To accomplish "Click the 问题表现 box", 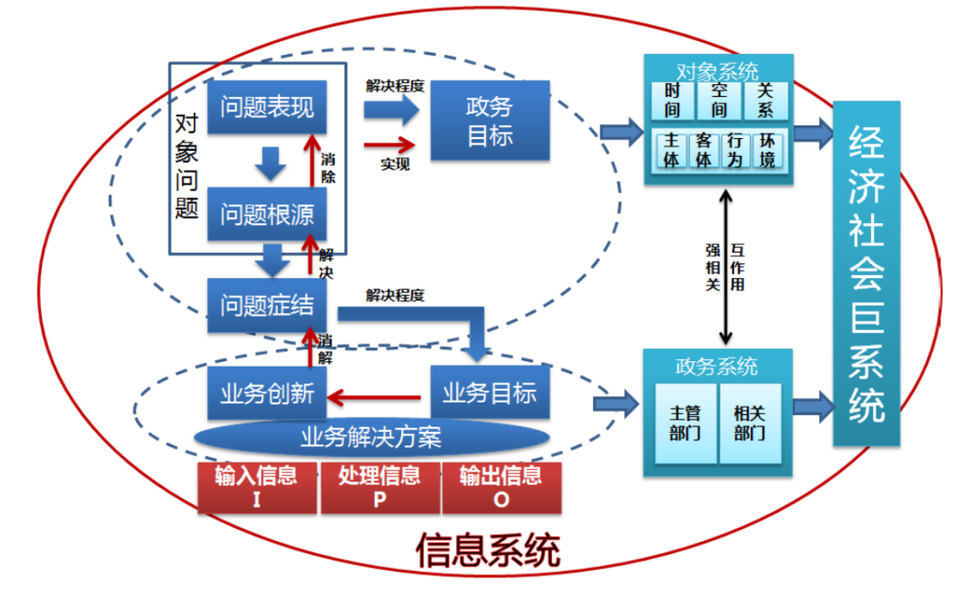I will point(266,108).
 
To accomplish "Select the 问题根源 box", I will point(266,213).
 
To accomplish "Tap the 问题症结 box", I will point(266,305).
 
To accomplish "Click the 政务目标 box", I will point(489,121).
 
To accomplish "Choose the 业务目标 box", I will point(489,393).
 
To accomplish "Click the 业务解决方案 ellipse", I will point(370,437).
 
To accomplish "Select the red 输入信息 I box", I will point(257,488).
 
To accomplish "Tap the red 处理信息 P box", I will point(379,488).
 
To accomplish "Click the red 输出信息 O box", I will point(501,488).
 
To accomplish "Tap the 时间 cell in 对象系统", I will point(673,100).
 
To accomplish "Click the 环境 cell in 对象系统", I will point(766,151).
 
